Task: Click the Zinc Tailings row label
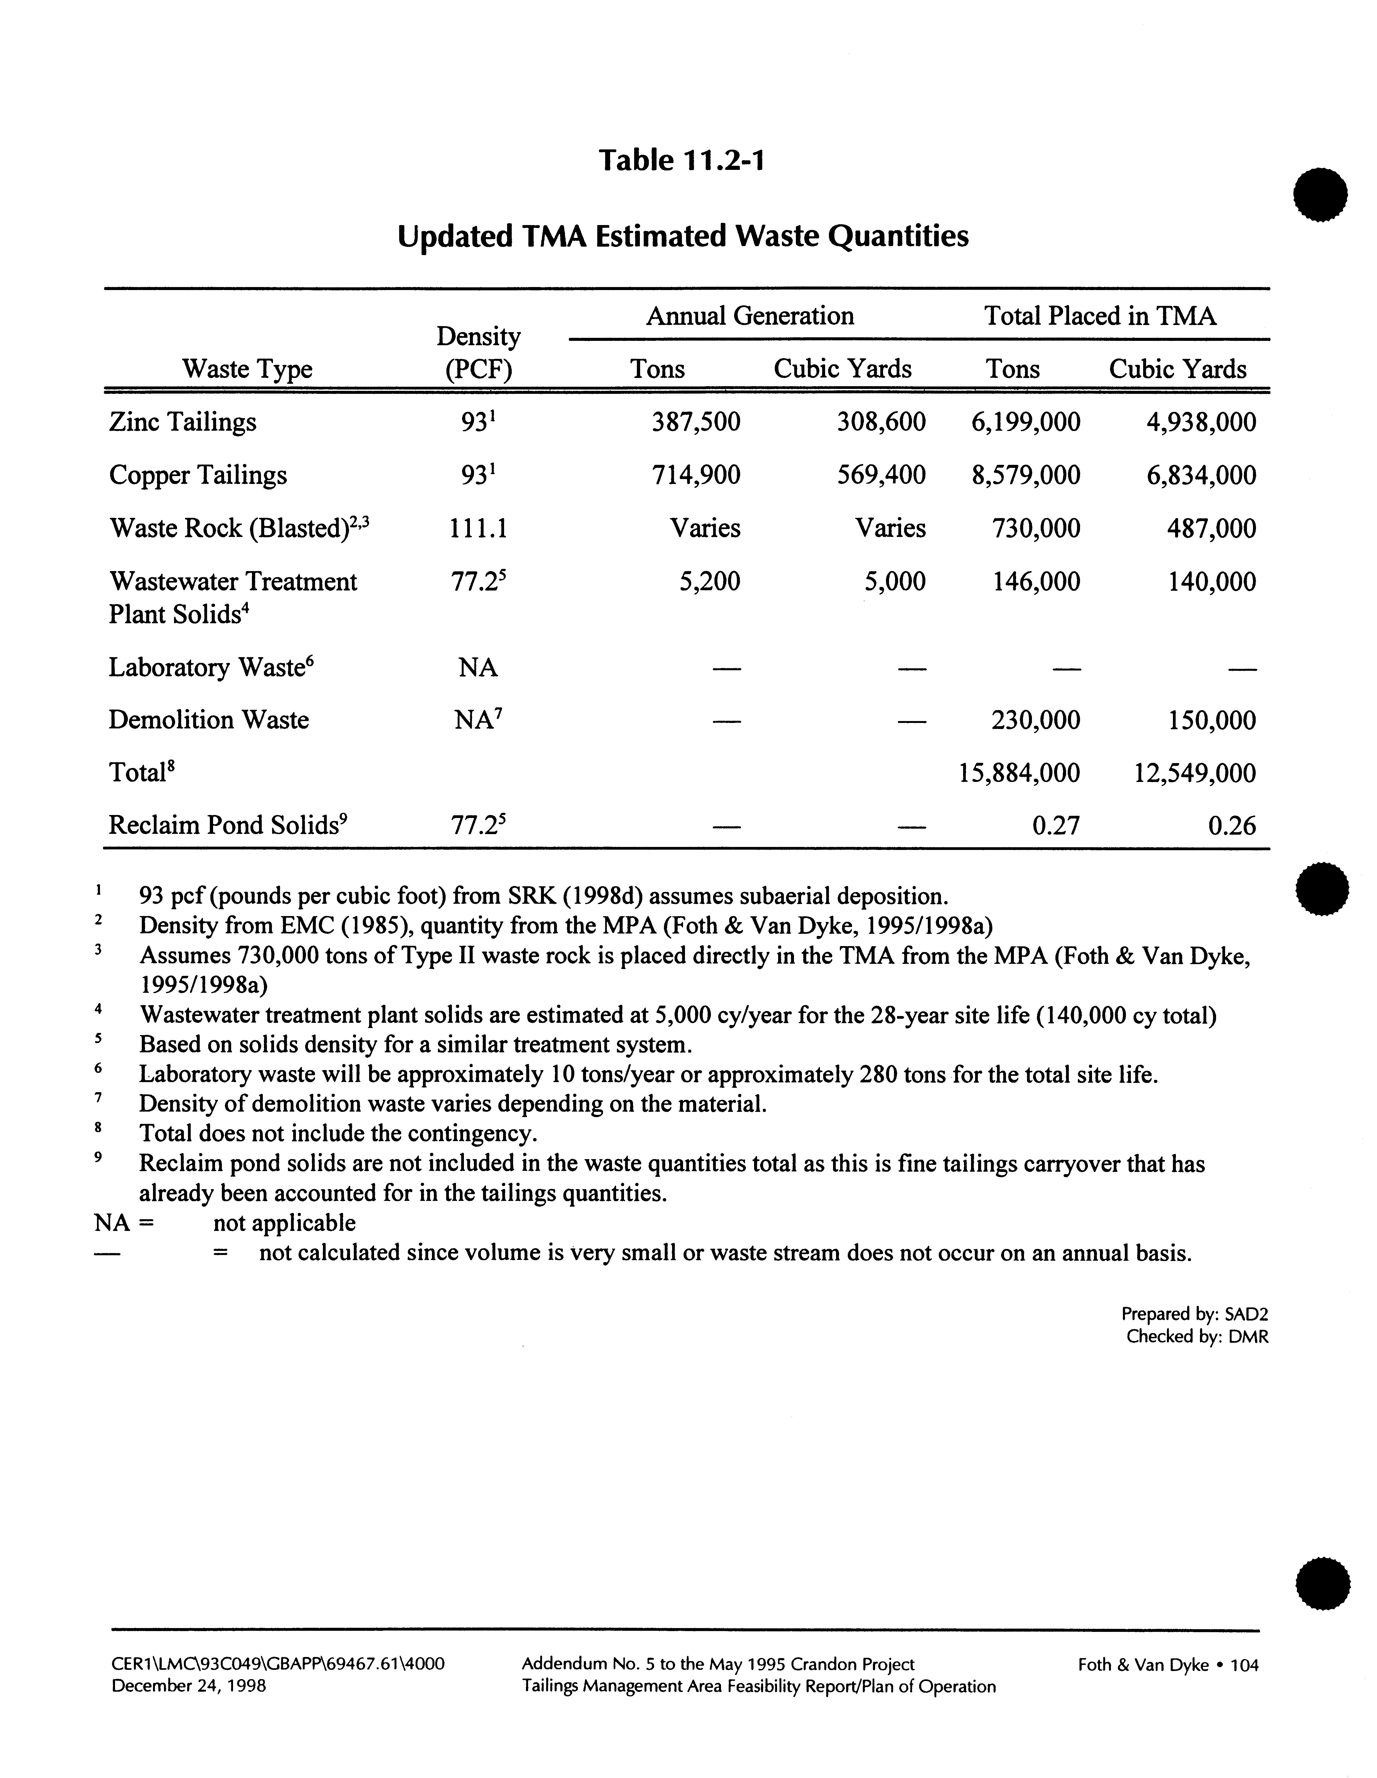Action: pos(183,422)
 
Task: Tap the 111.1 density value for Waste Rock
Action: pos(478,528)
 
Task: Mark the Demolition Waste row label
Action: pos(209,720)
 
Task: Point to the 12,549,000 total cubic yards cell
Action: pos(1194,773)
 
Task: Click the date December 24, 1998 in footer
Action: pos(189,1686)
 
